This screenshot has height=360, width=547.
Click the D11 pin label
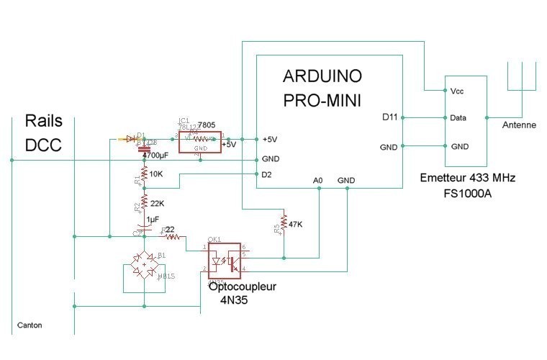389,117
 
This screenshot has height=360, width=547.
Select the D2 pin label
266,174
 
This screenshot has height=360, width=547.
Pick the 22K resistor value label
158,203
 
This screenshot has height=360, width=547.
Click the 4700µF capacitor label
157,154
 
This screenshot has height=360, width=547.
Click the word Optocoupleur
243,287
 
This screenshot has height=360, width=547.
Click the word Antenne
519,125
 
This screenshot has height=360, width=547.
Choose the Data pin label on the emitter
458,117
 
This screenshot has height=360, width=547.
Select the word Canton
29,325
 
